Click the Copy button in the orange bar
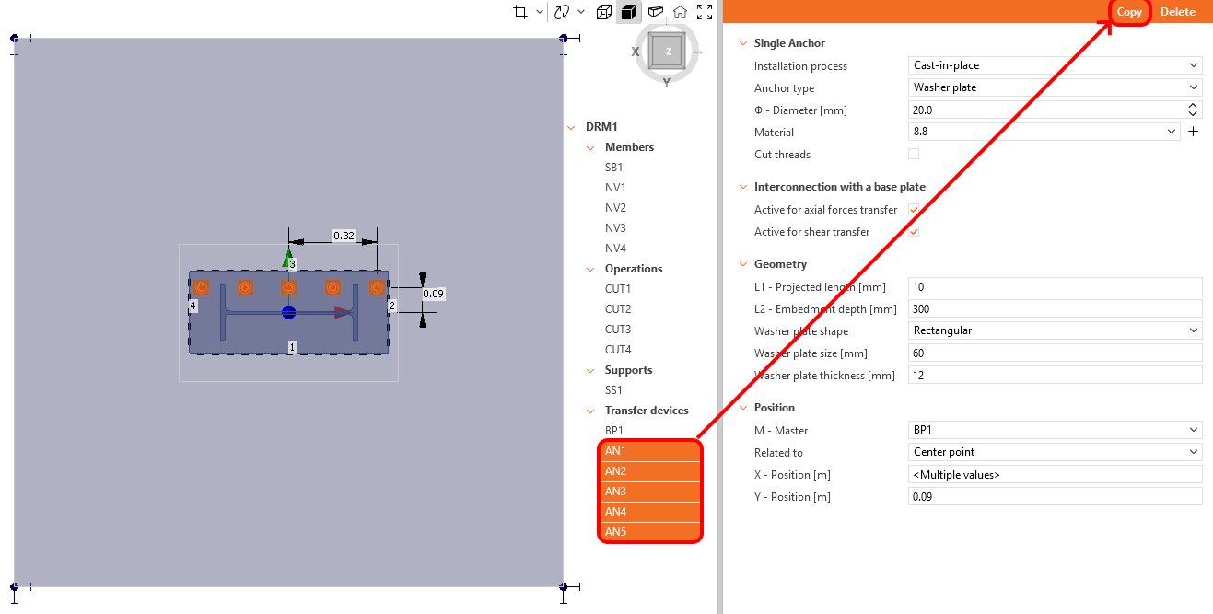click(1129, 12)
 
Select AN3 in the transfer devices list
click(615, 492)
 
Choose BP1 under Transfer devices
click(614, 431)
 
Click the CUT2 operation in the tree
click(618, 309)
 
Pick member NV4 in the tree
click(615, 249)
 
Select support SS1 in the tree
click(613, 390)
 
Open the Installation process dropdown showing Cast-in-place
click(1055, 66)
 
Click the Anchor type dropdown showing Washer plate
click(1055, 88)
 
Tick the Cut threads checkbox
click(914, 155)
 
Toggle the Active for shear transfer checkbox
click(914, 232)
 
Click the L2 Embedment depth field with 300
click(1055, 309)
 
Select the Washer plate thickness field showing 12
click(1055, 376)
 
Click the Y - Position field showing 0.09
click(1055, 497)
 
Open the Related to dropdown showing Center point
click(1055, 453)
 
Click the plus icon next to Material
click(1193, 133)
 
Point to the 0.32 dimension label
click(344, 236)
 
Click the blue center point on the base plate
click(289, 312)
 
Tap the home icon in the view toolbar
click(680, 12)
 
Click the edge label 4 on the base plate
click(192, 305)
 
